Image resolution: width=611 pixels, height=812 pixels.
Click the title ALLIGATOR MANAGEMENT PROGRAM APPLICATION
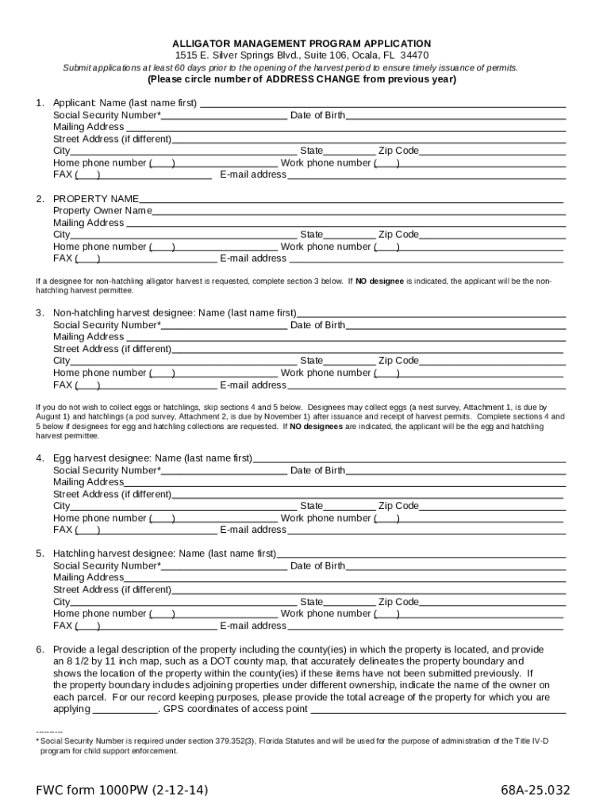click(x=302, y=44)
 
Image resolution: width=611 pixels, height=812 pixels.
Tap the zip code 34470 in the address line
click(x=414, y=56)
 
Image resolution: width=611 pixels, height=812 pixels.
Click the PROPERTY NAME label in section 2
click(x=96, y=198)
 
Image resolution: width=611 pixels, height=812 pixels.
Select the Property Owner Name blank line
click(x=359, y=212)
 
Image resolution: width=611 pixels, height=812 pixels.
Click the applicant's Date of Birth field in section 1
click(x=455, y=116)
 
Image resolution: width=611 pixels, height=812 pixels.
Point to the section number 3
click(x=39, y=312)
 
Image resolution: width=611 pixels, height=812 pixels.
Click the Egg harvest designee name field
click(x=409, y=458)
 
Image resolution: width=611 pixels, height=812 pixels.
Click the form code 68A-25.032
click(x=535, y=791)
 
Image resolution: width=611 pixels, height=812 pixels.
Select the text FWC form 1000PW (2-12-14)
click(x=121, y=791)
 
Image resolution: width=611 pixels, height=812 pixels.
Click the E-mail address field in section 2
click(x=425, y=259)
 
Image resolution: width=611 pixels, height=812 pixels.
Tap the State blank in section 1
click(x=349, y=151)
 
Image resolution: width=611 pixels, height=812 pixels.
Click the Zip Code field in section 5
click(x=492, y=603)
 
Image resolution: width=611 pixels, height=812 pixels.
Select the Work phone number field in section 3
click(x=480, y=373)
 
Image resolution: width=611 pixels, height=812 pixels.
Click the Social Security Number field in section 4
click(x=224, y=471)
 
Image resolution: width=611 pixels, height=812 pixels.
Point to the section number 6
click(x=39, y=649)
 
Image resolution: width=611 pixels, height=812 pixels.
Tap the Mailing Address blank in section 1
click(x=345, y=128)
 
